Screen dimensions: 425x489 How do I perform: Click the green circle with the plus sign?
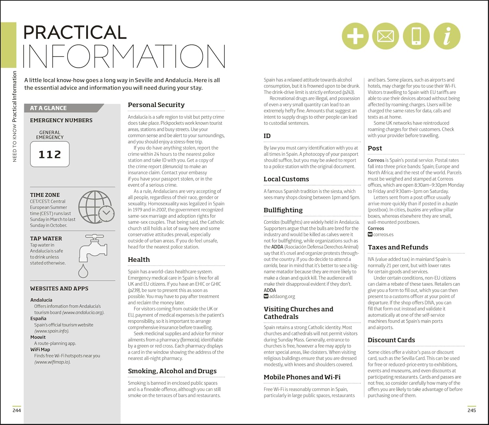pos(355,36)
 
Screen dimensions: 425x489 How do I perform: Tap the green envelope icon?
pos(385,36)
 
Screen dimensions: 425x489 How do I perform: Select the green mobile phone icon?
pos(416,36)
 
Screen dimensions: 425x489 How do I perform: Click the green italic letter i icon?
pos(447,36)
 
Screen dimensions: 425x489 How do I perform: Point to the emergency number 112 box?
pos(50,154)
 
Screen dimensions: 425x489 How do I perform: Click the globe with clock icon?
pos(96,207)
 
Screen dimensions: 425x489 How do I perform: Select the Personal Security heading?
pos(156,105)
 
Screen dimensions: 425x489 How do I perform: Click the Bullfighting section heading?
pos(283,210)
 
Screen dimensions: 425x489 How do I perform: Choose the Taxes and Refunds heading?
pos(398,247)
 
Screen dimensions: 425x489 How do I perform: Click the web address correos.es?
pos(383,235)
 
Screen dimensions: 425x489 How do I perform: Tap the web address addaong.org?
pos(282,296)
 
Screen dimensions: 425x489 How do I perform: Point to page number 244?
pos(17,410)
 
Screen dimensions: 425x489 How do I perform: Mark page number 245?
pos(471,410)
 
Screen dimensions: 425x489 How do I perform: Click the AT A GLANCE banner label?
pos(48,108)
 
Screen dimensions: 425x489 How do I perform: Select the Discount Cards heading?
pos(391,340)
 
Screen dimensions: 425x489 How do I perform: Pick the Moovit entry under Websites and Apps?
pos(38,337)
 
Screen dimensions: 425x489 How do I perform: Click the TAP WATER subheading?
pos(46,238)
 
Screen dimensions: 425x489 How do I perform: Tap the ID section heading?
pos(267,136)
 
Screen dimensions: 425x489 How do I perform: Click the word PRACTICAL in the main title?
pos(75,32)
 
